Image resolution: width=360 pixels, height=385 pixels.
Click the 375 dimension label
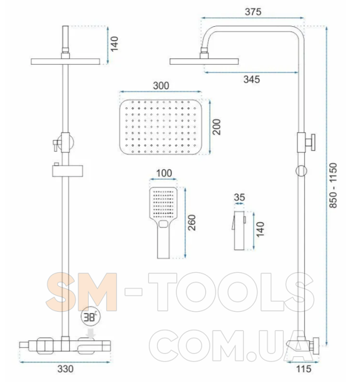[x=253, y=12]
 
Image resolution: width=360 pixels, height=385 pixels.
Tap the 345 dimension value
[x=252, y=80]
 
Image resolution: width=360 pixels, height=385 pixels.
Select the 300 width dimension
[x=161, y=85]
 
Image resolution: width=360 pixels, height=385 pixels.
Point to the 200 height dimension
[x=217, y=127]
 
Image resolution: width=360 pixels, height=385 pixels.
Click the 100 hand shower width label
[x=164, y=173]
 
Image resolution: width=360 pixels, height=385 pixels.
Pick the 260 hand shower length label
[x=192, y=223]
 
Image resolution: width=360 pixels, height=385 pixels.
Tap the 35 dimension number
[x=239, y=197]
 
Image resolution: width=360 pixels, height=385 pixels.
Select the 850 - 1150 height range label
[x=333, y=185]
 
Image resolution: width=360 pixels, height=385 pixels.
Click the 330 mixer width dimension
[x=65, y=369]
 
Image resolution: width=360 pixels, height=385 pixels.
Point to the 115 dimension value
[x=304, y=369]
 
